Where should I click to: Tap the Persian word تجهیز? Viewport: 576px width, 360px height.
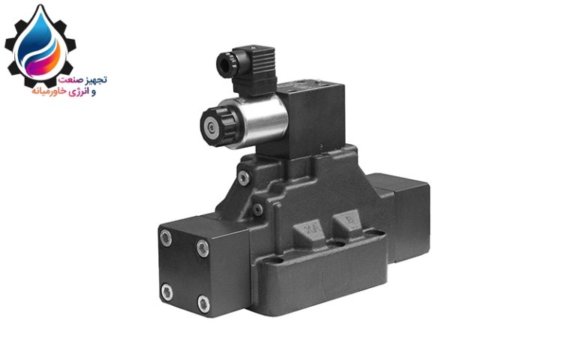point(96,79)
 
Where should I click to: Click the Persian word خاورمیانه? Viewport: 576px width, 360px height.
point(49,91)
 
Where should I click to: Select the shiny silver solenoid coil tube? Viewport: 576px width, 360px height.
point(259,121)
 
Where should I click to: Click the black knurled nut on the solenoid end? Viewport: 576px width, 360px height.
point(218,127)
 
